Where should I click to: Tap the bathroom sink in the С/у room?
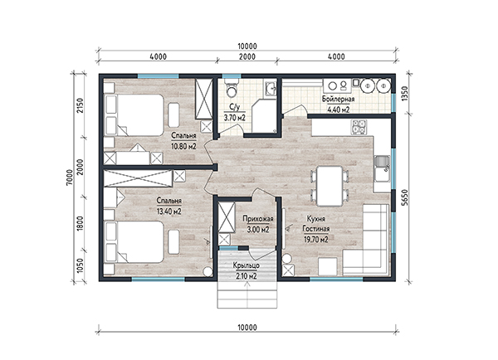pos(271,88)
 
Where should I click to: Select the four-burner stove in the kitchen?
pos(359,127)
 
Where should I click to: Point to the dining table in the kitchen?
pos(330,186)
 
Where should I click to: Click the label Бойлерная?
pos(338,99)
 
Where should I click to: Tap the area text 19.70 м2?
pos(316,240)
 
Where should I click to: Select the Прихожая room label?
pos(258,219)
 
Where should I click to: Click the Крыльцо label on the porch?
pos(247,265)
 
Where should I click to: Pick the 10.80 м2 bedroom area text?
pos(183,146)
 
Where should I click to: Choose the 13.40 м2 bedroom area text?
pos(169,212)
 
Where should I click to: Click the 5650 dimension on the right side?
pos(404,197)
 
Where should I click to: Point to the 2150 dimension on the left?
pos(80,106)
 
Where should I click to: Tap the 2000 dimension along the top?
pos(247,56)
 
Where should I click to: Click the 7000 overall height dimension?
pos(70,178)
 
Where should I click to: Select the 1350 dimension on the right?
pos(404,94)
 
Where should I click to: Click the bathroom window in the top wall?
pos(232,76)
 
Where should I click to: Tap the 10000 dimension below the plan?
pos(247,328)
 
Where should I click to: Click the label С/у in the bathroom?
pos(234,107)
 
